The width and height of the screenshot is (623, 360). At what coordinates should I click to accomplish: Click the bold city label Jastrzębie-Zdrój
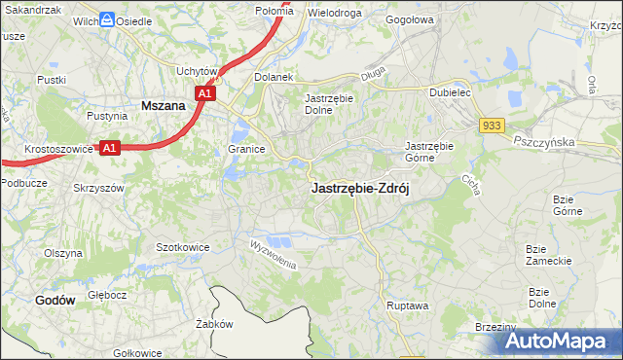coord(360,189)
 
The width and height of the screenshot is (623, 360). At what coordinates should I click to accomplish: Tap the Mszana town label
coord(164,104)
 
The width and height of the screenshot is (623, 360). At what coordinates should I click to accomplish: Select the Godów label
coord(55,301)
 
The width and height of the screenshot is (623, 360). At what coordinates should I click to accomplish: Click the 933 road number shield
coord(491,126)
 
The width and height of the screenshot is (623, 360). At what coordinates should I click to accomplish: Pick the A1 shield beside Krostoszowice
coord(110,148)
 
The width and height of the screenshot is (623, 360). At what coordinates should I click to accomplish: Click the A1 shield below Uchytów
coord(203,93)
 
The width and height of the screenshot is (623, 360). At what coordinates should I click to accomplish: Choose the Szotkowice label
coord(183,247)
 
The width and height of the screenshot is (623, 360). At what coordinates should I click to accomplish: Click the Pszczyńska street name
coord(547,141)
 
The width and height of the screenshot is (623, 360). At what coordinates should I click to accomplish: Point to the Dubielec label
coord(451,92)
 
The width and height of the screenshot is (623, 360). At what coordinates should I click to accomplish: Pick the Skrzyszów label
coord(99,187)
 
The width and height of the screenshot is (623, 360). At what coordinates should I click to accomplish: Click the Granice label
coord(247,149)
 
